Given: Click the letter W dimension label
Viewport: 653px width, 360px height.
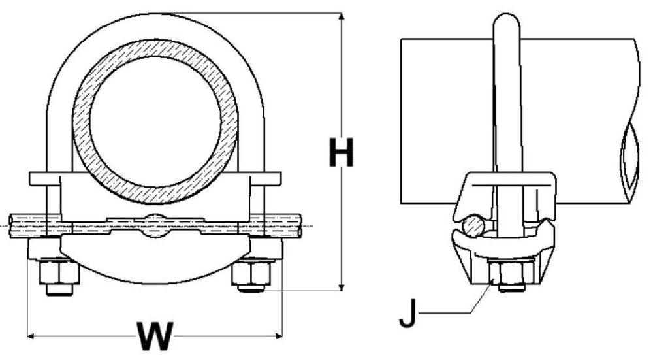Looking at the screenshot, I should [x=155, y=338].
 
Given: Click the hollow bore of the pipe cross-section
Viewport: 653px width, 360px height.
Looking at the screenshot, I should [x=155, y=118].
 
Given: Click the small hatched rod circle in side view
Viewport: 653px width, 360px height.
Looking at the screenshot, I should [x=471, y=227].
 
